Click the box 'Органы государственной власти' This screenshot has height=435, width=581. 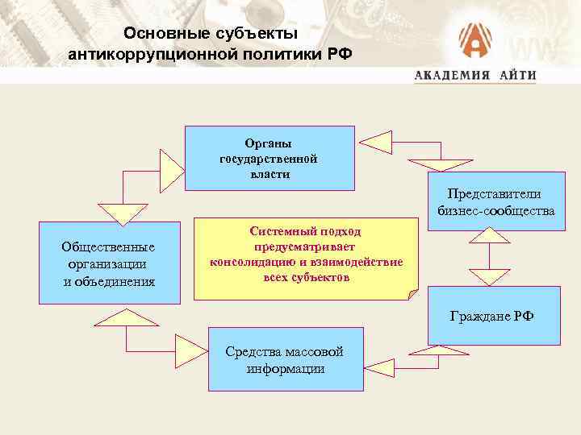click(x=270, y=158)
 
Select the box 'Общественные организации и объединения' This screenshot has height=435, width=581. click(x=109, y=263)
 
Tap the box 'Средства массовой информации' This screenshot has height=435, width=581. click(x=286, y=360)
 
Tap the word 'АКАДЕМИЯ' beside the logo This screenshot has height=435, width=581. click(x=453, y=75)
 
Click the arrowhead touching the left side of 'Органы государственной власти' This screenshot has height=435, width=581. click(x=172, y=168)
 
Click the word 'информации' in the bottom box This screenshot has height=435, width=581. click(x=286, y=369)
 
